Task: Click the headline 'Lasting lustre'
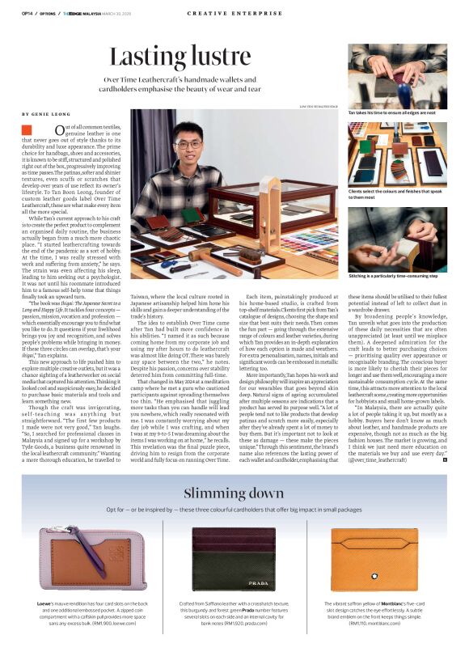click(184, 57)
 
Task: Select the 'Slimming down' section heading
click(233, 493)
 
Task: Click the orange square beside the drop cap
click(27, 129)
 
